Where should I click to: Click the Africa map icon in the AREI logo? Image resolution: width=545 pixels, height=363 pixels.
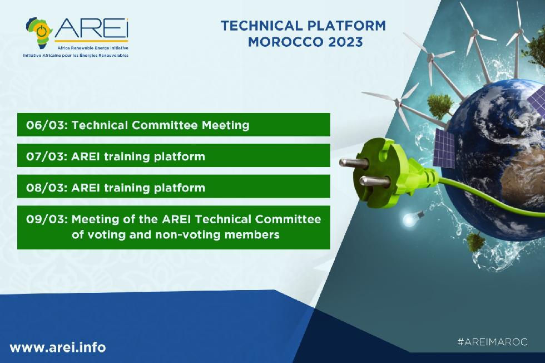pos(39,33)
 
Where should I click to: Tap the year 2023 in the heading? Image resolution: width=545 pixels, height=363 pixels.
pos(345,42)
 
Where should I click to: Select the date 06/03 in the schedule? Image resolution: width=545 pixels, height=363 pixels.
pos(46,125)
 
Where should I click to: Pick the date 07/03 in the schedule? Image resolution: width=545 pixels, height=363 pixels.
pos(46,156)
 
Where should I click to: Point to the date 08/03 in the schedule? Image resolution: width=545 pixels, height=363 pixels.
pos(46,188)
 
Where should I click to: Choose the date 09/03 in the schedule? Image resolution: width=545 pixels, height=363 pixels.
pos(46,219)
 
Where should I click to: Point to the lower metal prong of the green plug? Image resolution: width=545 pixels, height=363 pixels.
pos(374,181)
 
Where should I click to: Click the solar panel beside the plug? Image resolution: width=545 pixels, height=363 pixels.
pos(444,148)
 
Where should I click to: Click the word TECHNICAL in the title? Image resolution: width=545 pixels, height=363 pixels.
pos(262,26)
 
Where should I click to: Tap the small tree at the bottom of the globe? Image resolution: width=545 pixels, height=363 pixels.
pos(474,241)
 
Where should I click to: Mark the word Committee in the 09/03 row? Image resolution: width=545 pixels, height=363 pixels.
pos(288,219)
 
